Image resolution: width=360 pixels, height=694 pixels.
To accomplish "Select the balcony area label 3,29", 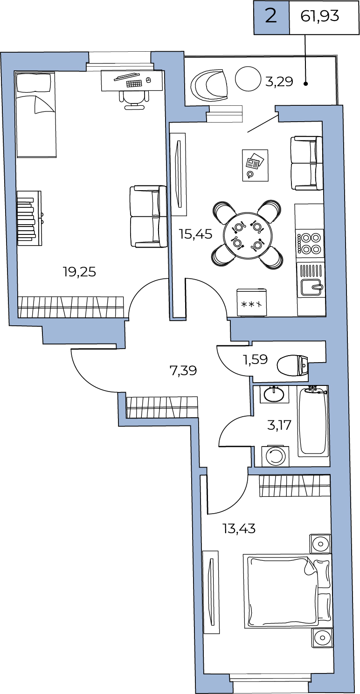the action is (x=279, y=82).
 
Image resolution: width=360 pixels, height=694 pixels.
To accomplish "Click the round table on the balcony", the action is (x=248, y=79).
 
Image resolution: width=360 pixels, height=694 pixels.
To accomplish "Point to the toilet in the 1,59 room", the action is (x=293, y=365).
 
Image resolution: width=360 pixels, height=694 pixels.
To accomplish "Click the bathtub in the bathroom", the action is (x=312, y=421).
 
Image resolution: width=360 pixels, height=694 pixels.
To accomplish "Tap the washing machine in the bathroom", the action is (x=275, y=456).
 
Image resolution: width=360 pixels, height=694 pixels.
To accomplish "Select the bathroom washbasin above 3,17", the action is (x=274, y=394).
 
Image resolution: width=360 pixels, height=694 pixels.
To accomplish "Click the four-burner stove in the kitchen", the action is (x=309, y=243).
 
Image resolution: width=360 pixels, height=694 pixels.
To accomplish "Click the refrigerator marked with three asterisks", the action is (x=251, y=302).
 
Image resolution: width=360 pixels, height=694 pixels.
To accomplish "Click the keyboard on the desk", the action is (x=134, y=83).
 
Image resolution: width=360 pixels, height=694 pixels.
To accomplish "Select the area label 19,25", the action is (x=80, y=272).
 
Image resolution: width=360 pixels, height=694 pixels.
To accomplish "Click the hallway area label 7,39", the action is (x=184, y=371).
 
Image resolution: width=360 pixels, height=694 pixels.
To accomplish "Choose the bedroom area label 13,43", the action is (x=239, y=529).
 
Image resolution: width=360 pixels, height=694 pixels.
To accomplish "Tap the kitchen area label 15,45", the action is (x=196, y=234).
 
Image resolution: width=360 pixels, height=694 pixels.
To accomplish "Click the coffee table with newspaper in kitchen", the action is (x=255, y=165).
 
